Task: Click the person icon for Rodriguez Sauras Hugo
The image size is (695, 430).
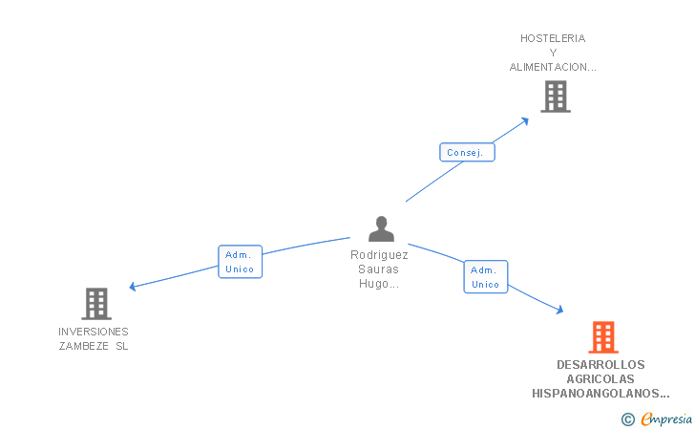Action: (x=381, y=229)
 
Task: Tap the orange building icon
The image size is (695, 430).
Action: (x=602, y=337)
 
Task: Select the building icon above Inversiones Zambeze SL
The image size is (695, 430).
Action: (x=96, y=304)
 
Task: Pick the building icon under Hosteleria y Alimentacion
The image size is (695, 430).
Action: (x=555, y=97)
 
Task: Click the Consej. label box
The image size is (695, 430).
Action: (x=467, y=152)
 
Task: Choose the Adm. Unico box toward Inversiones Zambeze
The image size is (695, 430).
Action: (x=239, y=262)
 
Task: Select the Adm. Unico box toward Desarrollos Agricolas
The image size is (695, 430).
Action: (x=485, y=277)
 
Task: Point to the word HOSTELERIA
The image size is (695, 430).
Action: (x=553, y=38)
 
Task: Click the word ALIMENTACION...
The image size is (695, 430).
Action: (x=553, y=67)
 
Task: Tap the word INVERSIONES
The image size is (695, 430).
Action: (x=94, y=332)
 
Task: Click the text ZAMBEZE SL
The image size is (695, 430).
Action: (x=94, y=346)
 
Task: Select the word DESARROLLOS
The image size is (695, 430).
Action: (x=600, y=364)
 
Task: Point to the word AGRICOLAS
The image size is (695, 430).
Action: (x=600, y=378)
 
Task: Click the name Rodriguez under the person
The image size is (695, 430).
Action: (x=379, y=255)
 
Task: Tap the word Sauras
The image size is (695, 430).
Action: (x=379, y=269)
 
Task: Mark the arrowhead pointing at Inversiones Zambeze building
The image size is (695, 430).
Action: (x=134, y=287)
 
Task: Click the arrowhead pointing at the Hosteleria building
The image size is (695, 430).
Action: (x=525, y=120)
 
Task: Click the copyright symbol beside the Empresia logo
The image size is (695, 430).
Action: (x=627, y=419)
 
